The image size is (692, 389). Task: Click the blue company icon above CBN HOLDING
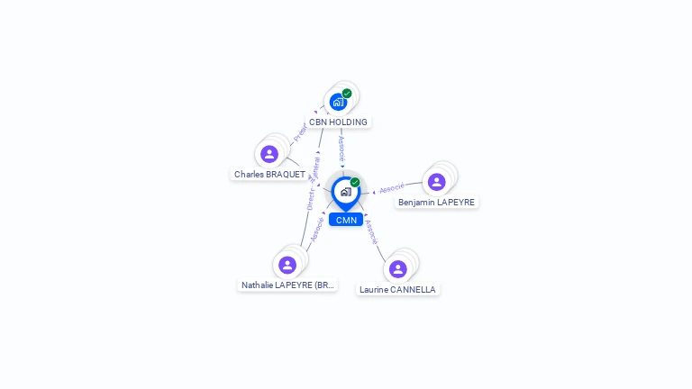coord(337,102)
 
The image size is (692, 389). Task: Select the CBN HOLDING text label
coord(338,122)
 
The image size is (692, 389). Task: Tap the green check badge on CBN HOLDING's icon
coord(347,94)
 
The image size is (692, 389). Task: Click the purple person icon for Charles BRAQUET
coord(269,154)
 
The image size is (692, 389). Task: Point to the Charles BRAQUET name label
coord(269,174)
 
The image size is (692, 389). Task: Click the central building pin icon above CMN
coord(345,191)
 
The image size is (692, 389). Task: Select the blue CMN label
coord(346,220)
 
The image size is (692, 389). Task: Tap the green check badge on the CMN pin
coord(355,182)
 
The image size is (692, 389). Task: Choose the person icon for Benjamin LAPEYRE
coord(436,182)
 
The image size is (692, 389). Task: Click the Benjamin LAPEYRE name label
coord(437,202)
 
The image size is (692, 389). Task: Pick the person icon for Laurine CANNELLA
coord(397,269)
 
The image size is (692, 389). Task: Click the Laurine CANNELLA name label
coord(397,289)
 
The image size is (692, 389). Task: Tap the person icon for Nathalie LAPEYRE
coord(287,265)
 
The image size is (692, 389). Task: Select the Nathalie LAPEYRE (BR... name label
coord(287,285)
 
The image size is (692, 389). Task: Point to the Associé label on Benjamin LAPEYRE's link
coord(391,189)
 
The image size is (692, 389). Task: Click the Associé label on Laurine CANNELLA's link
coord(371,231)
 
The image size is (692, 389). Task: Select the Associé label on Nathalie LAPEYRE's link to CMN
coord(316,229)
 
